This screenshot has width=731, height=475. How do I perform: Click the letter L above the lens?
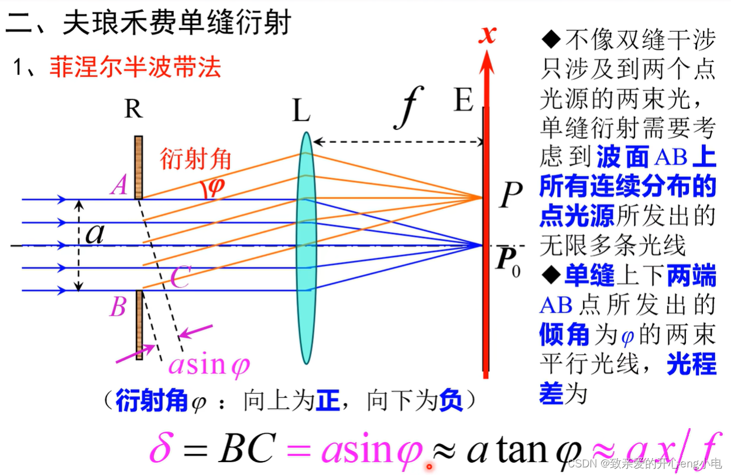(301, 111)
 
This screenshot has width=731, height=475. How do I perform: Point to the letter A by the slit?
(119, 186)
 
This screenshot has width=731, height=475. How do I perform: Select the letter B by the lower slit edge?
(118, 306)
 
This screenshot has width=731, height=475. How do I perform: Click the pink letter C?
(179, 279)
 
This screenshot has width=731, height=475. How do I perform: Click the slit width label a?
(94, 235)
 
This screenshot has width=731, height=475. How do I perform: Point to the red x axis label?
(487, 35)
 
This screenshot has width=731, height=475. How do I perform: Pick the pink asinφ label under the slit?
(209, 364)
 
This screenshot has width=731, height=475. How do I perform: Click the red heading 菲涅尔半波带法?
(135, 68)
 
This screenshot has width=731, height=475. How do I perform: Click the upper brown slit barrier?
(139, 168)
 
